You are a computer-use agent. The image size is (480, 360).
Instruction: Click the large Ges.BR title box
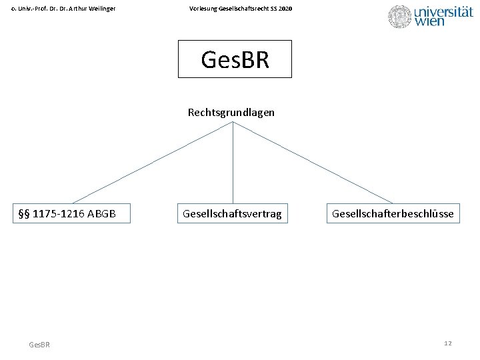point(235,59)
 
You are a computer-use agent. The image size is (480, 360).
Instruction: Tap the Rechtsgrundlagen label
point(231,113)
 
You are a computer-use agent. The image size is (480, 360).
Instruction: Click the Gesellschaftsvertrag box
point(232,213)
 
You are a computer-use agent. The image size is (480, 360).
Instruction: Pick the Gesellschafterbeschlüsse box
point(393,213)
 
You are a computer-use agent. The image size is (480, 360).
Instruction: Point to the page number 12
point(448,343)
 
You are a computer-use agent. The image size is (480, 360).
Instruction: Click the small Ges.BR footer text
point(39,344)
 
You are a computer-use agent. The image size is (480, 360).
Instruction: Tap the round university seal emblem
point(400,17)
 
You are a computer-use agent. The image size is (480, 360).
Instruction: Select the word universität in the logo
point(443,11)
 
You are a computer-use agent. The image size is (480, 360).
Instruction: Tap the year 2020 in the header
point(284,8)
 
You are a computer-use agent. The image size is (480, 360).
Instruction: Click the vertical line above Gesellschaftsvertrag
point(233,163)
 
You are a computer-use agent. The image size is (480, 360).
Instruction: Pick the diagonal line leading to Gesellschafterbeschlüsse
point(313,163)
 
